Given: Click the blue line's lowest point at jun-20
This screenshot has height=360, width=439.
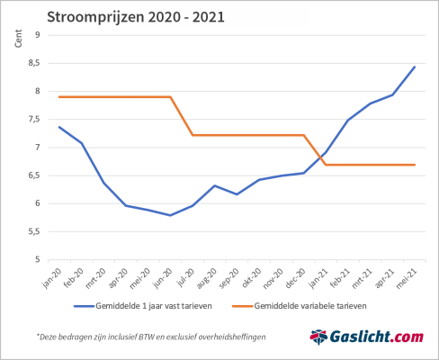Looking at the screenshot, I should pos(171,215).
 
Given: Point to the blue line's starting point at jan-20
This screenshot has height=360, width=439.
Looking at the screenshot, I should pos(59,127).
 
